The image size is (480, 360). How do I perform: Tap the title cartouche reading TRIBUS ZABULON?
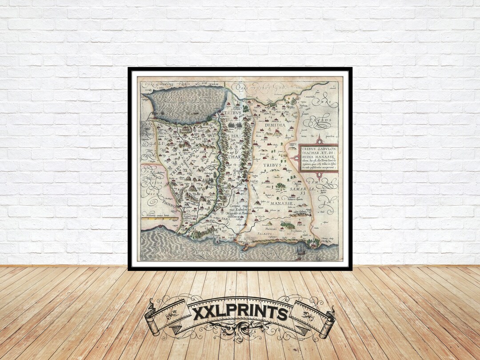(318, 157)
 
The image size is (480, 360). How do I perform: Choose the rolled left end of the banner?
(152, 318)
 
